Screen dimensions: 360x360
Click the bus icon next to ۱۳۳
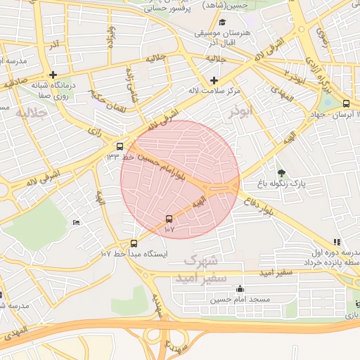pos(120,147)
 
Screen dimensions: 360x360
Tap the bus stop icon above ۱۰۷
pos(169,219)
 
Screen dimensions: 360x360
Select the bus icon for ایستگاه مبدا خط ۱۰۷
pos(134,243)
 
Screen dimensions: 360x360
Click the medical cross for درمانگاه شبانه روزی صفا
pos(53,75)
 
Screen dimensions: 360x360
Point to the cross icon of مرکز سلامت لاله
pos(214,80)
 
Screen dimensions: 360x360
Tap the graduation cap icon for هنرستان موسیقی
pos(222,22)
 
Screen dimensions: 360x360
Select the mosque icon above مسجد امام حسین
pos(240,288)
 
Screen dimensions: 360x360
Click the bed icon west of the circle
pos(76,223)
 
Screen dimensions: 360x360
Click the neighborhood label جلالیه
pos(31,112)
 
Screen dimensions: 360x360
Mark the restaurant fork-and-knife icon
pos(337,241)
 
